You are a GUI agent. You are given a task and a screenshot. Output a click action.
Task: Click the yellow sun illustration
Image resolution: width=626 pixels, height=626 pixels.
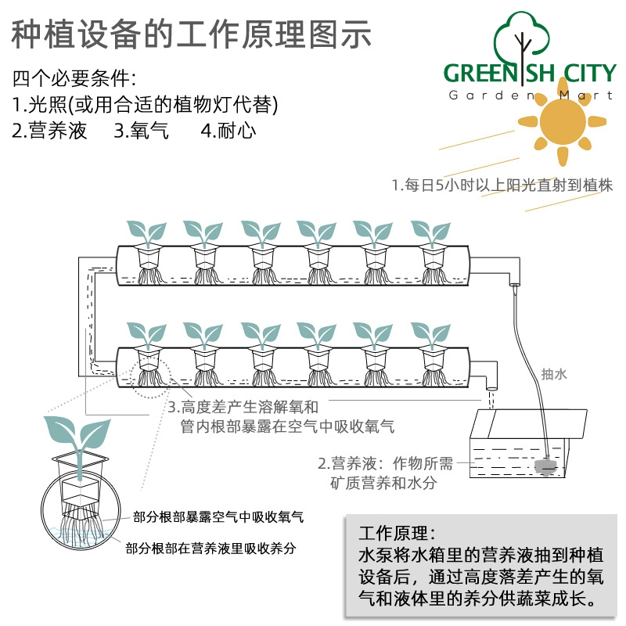(563, 121)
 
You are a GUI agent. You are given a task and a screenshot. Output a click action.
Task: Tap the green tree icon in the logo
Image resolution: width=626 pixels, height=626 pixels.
(521, 44)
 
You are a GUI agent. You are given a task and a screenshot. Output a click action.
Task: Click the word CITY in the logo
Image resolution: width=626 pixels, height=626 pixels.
(590, 73)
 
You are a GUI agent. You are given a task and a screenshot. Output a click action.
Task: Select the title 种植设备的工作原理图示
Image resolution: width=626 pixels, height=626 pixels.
(191, 34)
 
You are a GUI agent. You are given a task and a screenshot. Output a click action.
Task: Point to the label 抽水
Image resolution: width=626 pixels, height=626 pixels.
(554, 374)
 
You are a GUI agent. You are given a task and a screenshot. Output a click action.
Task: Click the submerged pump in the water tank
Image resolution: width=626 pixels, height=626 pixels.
(545, 466)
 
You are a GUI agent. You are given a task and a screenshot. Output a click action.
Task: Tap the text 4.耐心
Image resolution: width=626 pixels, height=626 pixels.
(228, 131)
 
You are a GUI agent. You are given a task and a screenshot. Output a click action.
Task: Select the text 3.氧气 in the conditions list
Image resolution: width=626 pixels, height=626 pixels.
(142, 131)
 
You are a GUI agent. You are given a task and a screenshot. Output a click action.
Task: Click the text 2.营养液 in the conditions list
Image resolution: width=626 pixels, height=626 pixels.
(49, 131)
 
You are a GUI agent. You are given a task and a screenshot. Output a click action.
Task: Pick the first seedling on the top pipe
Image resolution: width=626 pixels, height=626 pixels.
(147, 233)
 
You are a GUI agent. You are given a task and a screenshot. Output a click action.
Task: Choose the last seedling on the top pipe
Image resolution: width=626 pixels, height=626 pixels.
(431, 233)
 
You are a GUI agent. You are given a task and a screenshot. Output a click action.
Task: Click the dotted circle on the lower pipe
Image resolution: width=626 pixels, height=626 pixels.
(150, 379)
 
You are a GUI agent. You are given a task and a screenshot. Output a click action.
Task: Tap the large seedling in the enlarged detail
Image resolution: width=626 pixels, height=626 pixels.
(77, 443)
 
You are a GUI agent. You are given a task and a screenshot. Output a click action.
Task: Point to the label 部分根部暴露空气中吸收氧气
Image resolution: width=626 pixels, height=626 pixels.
(218, 517)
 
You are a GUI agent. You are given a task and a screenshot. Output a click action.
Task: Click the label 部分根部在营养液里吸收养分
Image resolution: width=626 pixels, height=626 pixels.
(210, 549)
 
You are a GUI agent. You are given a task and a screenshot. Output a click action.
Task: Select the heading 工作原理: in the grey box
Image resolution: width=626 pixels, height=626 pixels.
(397, 533)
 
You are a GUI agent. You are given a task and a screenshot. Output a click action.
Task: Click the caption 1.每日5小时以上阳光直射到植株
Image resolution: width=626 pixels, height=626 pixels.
(502, 185)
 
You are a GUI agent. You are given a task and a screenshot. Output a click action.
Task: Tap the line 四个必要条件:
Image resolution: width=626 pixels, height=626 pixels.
(74, 78)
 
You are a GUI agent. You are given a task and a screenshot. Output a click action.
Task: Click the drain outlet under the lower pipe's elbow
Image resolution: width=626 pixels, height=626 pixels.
(491, 388)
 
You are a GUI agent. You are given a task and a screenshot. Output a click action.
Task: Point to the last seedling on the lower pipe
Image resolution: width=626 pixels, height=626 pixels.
(431, 336)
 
